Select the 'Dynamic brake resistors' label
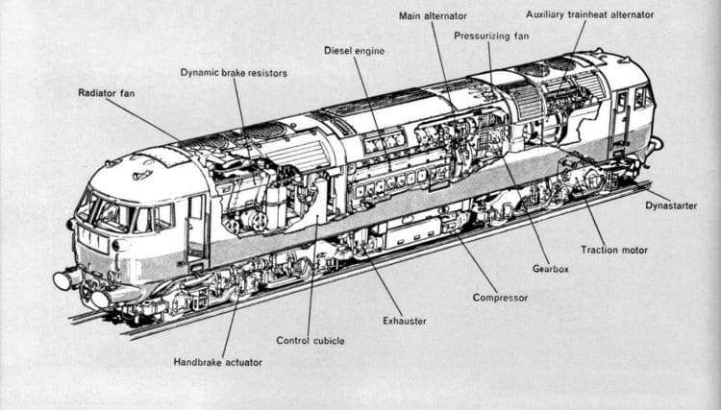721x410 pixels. coord(234,72)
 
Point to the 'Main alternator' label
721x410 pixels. coord(435,15)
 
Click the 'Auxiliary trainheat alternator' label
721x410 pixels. coord(590,15)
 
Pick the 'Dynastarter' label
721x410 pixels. coord(672,205)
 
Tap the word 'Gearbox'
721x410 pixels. coord(550,269)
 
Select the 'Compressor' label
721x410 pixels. coord(500,298)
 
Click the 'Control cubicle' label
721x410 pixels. coord(310,340)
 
